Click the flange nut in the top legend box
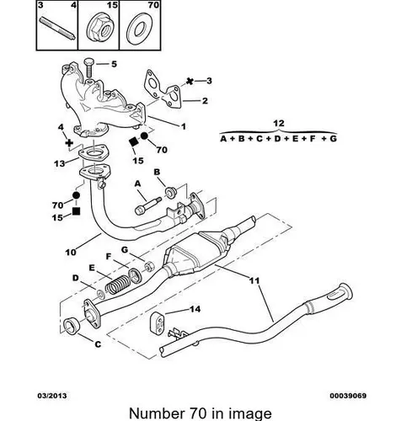click(x=99, y=29)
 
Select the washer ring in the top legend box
click(x=140, y=29)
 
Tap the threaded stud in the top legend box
click(x=57, y=29)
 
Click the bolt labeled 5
click(x=88, y=67)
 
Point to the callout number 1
click(x=183, y=126)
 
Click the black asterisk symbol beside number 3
click(x=190, y=82)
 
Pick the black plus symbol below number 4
click(x=69, y=143)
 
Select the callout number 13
click(x=59, y=163)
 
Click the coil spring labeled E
click(x=117, y=284)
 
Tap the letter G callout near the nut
click(x=125, y=249)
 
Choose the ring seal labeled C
click(x=72, y=327)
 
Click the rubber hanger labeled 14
click(x=158, y=323)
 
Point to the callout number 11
click(x=254, y=280)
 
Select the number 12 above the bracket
click(x=279, y=123)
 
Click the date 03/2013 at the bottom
click(x=52, y=396)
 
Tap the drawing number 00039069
click(x=348, y=396)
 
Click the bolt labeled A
click(x=147, y=206)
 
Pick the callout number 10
click(x=71, y=253)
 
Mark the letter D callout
click(x=76, y=278)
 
